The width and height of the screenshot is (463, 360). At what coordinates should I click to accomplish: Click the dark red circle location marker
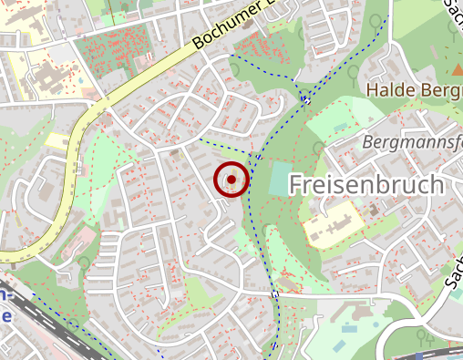pos(231,180)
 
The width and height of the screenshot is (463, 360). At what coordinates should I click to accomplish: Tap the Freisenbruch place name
pos(366,184)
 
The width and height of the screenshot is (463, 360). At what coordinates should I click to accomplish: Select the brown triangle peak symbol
pos(457,70)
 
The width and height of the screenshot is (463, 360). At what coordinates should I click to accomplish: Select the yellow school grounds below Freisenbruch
pos(330,221)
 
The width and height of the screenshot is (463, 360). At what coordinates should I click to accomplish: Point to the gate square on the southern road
pos(274,294)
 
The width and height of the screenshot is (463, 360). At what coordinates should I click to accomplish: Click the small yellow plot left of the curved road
pos(57,141)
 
